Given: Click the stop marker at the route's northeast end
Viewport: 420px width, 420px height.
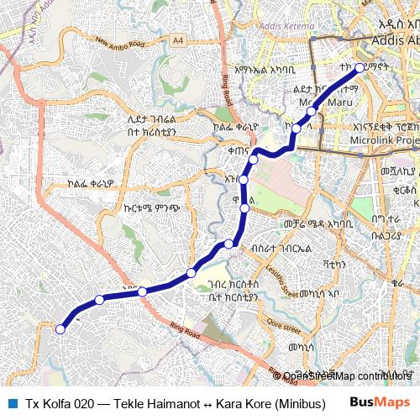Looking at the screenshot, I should coord(360,68).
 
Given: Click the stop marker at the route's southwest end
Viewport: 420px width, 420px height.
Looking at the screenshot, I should coord(60,329).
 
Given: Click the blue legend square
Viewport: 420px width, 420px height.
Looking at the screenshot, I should coord(13,402).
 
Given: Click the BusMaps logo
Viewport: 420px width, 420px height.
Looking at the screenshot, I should coord(380,402).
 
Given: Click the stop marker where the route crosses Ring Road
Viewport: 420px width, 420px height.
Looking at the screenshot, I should coord(143,291).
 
